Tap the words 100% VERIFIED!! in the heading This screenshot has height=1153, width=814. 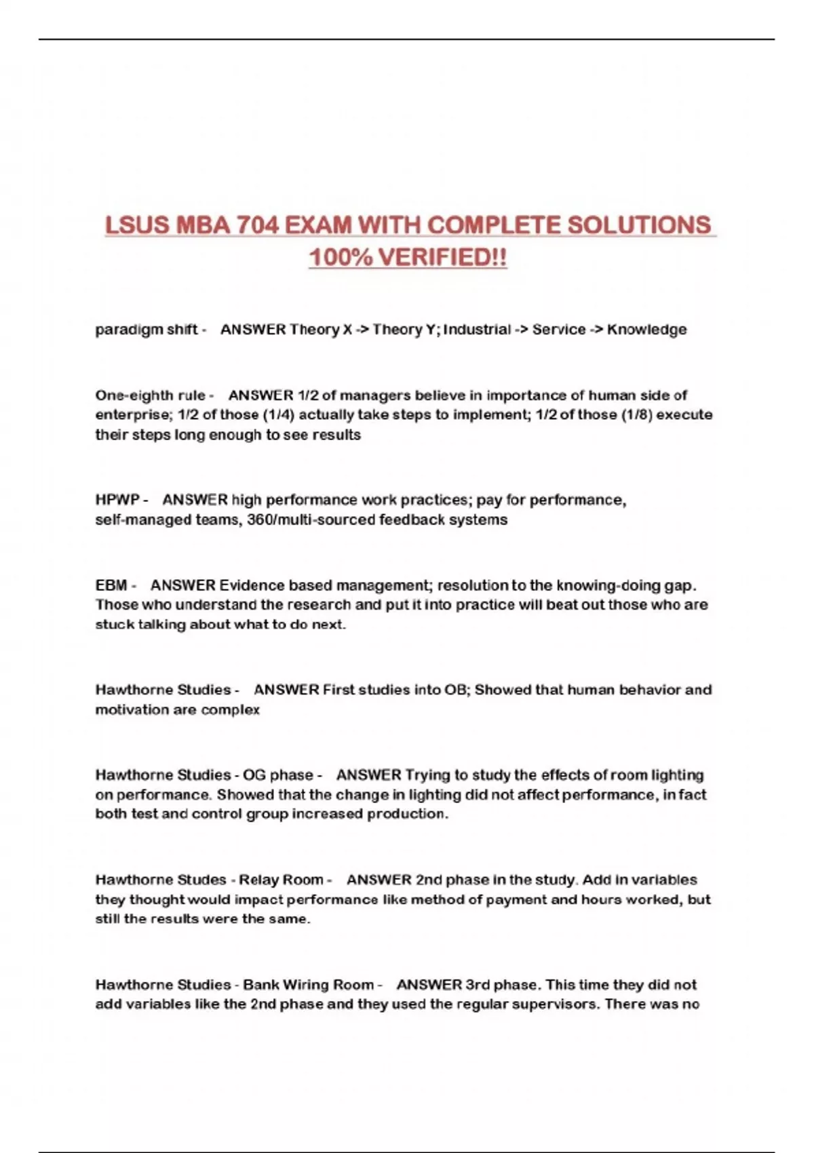pos(408,258)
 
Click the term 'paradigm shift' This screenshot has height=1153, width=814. pos(147,330)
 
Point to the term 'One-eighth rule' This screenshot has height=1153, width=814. pos(150,395)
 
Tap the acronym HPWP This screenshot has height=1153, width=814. pos(117,500)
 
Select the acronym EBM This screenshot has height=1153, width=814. pos(111,585)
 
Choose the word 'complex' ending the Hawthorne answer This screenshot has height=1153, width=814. pos(231,709)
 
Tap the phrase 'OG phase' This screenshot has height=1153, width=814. pos(278,775)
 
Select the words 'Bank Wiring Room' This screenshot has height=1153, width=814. pos(308,985)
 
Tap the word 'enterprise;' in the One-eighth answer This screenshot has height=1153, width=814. pos(134,414)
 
